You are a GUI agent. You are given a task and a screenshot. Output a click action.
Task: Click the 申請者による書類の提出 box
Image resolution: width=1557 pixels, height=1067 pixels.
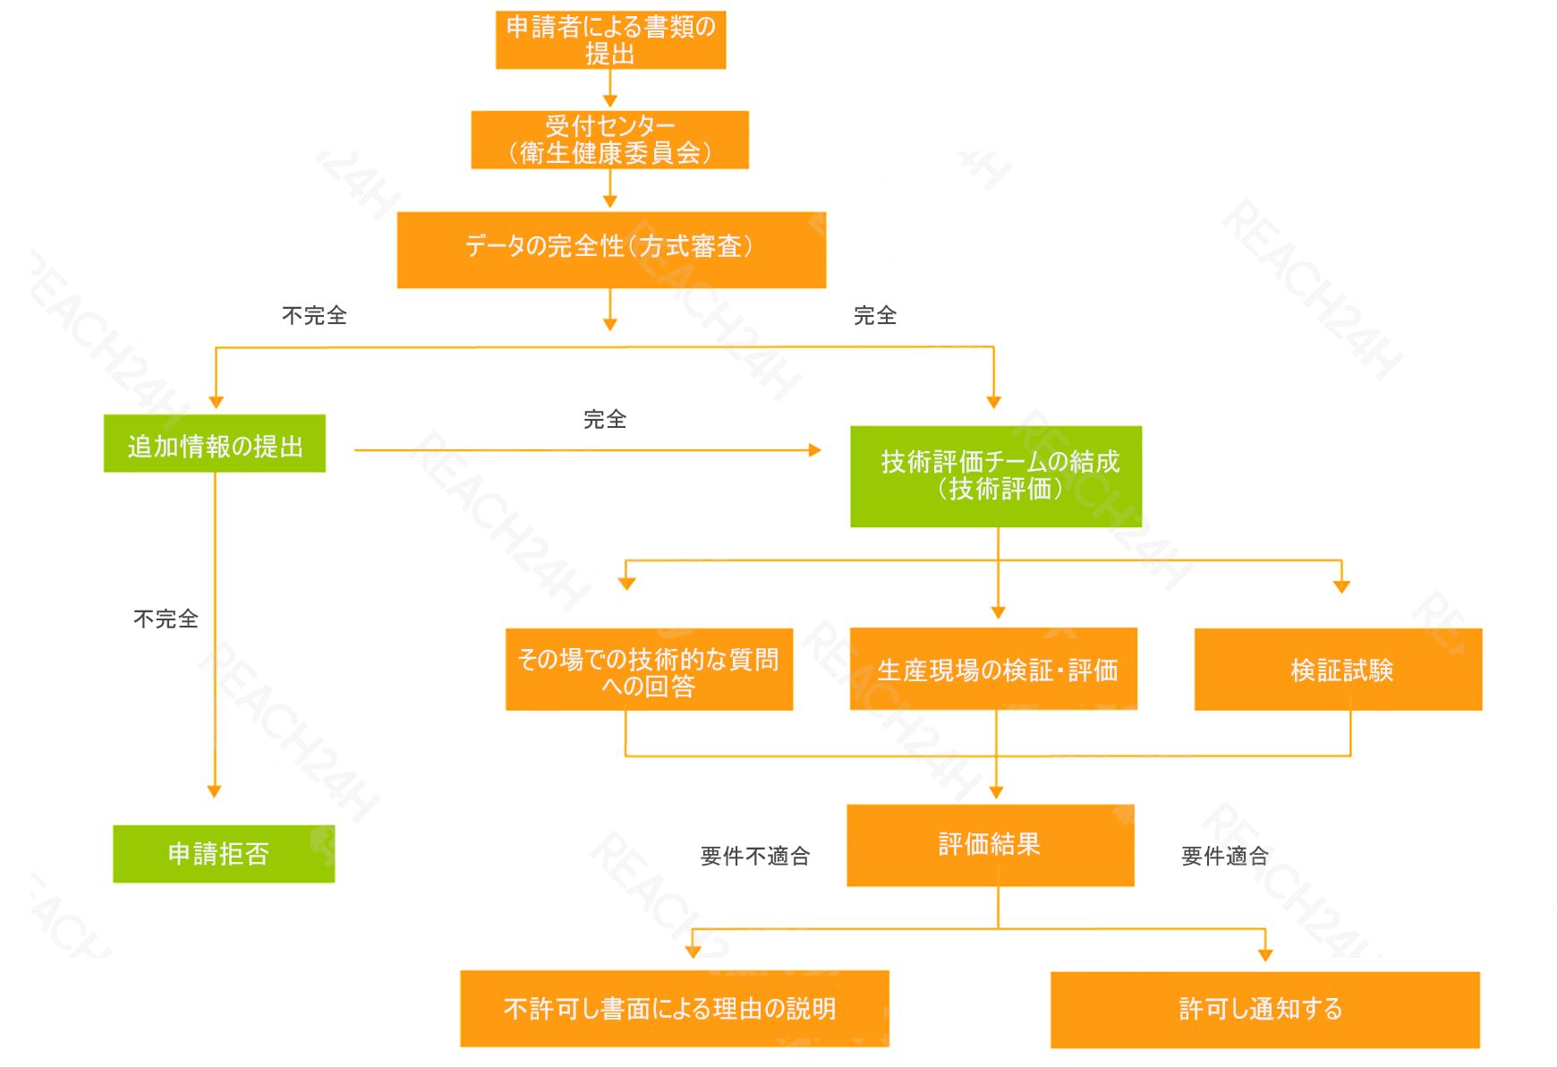[610, 40]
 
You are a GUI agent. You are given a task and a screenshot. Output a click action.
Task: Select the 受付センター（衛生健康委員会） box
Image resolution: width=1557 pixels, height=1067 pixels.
[610, 140]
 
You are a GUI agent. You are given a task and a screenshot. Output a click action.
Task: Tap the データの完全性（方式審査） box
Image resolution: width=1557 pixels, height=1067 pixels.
[611, 250]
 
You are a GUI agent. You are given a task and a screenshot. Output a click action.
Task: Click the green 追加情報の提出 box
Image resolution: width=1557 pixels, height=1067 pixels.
[215, 444]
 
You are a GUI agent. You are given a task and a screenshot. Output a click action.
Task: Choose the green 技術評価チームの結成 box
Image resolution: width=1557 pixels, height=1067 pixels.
[996, 476]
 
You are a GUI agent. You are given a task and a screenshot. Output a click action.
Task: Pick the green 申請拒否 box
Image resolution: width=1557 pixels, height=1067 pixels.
[224, 854]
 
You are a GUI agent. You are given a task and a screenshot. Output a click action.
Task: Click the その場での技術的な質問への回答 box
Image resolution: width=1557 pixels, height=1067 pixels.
[649, 670]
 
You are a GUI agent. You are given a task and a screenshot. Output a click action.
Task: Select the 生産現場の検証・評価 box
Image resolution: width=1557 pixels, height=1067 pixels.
[993, 670]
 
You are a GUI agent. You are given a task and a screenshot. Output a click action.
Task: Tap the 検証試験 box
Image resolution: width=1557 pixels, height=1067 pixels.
[1338, 670]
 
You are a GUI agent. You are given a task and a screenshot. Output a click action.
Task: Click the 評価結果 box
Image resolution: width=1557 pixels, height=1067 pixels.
[991, 845]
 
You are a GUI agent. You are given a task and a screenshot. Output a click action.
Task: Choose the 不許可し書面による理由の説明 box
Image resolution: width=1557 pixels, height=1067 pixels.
[675, 1009]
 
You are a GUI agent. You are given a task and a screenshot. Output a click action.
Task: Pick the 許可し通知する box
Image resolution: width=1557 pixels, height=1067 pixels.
[1264, 1010]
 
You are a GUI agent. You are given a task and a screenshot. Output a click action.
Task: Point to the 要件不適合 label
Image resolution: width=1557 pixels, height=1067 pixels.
[755, 857]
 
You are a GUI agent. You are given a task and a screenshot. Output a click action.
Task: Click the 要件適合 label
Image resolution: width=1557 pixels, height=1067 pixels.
[1224, 857]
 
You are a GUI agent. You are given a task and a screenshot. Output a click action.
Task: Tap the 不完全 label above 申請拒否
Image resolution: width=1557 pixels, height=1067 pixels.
[166, 619]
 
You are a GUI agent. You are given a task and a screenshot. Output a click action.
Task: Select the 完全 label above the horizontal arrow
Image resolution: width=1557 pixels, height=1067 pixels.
[605, 419]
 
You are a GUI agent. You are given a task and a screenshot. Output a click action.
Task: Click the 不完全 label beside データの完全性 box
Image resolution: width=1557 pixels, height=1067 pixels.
[314, 315]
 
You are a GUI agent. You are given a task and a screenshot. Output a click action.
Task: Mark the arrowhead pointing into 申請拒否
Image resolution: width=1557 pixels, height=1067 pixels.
[214, 791]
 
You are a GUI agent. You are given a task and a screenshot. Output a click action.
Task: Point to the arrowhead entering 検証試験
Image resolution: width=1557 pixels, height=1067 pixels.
[1341, 586]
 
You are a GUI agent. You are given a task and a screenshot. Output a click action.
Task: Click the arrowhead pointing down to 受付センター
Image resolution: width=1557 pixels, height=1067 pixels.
[610, 101]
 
